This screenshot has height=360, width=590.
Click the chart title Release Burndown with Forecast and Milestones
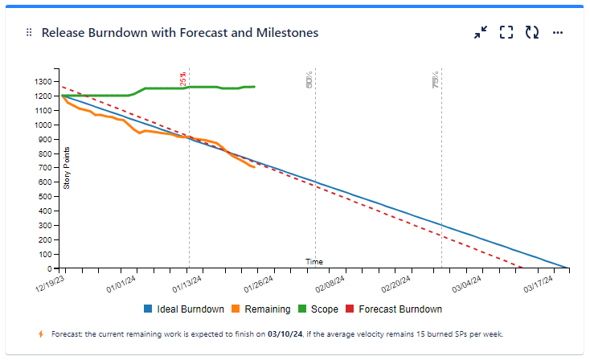(180, 33)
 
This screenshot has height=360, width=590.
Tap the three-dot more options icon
(558, 33)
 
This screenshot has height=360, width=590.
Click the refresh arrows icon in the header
(532, 33)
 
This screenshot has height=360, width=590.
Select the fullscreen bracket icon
(506, 33)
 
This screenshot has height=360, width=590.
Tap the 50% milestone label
(310, 79)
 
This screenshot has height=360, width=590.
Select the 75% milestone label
(436, 79)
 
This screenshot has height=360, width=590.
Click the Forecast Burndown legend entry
(393, 309)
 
